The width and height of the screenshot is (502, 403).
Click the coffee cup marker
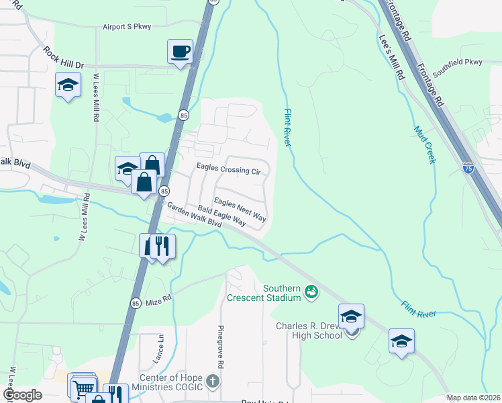tap(180, 52)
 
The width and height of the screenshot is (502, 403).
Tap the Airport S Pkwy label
tap(127, 27)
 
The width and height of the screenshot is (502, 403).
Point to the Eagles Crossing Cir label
tap(228, 171)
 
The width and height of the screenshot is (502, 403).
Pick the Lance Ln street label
tap(161, 350)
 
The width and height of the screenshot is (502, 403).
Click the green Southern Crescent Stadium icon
tap(311, 291)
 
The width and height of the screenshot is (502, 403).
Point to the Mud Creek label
tap(424, 145)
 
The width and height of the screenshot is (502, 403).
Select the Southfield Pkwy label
tap(457, 66)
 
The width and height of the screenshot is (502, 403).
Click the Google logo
tap(21, 394)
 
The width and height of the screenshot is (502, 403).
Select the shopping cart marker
tap(83, 388)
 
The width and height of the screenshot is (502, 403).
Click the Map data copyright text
tap(472, 398)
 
